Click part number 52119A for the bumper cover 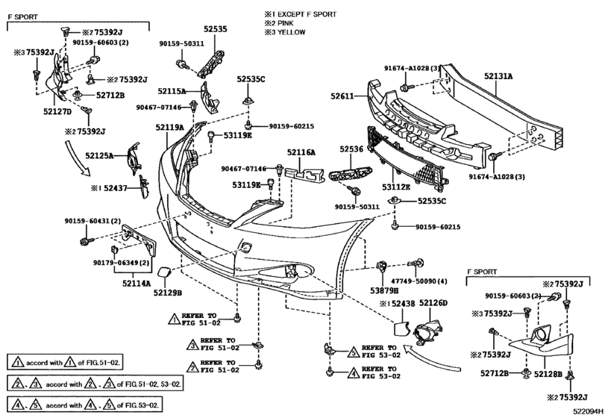tap(170, 128)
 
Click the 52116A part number tap(301, 152)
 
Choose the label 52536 tap(351, 149)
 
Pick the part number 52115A tap(172, 91)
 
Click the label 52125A tap(99, 156)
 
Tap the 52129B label tap(169, 293)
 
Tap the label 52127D tap(57, 112)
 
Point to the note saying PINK tap(286, 23)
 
